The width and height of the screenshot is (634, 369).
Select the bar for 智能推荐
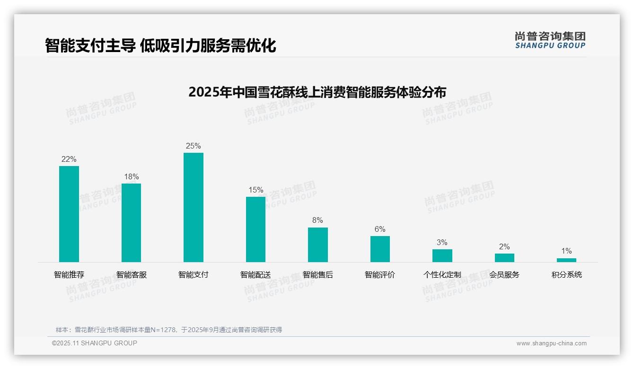(x=69, y=214)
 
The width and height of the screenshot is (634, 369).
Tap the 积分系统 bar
(x=566, y=260)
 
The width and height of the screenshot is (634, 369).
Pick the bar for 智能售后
(x=318, y=245)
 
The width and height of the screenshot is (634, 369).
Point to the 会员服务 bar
(x=504, y=258)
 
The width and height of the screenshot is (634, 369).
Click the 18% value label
(x=132, y=177)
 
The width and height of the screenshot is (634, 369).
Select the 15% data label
(x=256, y=190)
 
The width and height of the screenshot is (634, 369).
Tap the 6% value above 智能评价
(x=380, y=229)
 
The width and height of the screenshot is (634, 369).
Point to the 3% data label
(x=442, y=243)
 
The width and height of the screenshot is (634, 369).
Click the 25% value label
(x=194, y=146)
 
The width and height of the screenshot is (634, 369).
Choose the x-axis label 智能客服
(x=132, y=275)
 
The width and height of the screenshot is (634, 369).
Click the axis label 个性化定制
(x=442, y=275)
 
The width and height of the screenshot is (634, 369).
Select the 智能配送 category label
(x=255, y=275)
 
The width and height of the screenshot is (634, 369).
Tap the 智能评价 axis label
(x=380, y=275)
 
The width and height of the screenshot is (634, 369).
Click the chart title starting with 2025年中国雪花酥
(x=317, y=92)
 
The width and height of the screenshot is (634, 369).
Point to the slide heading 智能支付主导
(x=160, y=45)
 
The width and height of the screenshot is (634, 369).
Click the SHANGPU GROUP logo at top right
(x=550, y=40)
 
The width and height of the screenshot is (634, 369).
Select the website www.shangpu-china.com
(x=551, y=343)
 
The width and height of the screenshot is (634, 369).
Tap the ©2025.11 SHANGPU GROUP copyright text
(x=95, y=343)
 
